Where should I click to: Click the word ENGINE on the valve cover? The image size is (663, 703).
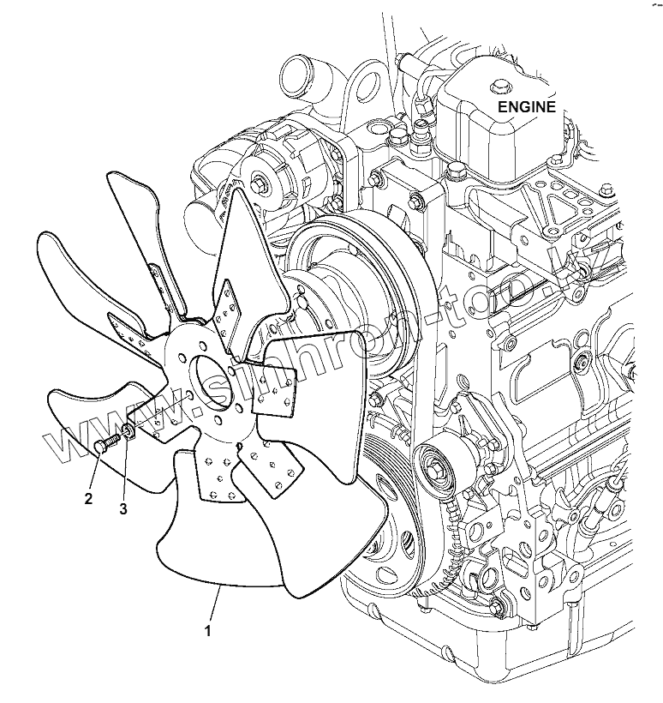[x=528, y=107]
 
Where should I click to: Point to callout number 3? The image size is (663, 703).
[x=123, y=509]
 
